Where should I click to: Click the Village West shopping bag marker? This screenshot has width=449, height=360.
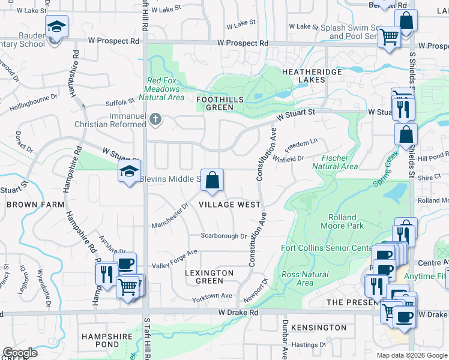pyautogui.click(x=212, y=180)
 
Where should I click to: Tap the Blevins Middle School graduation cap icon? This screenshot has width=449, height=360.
pyautogui.click(x=129, y=172)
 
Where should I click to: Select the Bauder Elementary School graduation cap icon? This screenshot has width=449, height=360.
pyautogui.click(x=57, y=28)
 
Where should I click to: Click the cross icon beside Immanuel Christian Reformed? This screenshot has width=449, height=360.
pyautogui.click(x=155, y=119)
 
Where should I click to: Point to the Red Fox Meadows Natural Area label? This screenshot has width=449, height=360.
pyautogui.click(x=161, y=89)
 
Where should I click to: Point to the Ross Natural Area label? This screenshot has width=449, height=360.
pyautogui.click(x=305, y=278)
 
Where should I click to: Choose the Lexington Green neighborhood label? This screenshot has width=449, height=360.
pyautogui.click(x=209, y=277)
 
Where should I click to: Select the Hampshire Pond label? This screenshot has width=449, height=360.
pyautogui.click(x=107, y=341)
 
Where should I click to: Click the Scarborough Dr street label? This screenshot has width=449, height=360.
pyautogui.click(x=224, y=236)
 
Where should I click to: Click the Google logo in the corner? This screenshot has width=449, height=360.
pyautogui.click(x=20, y=353)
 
